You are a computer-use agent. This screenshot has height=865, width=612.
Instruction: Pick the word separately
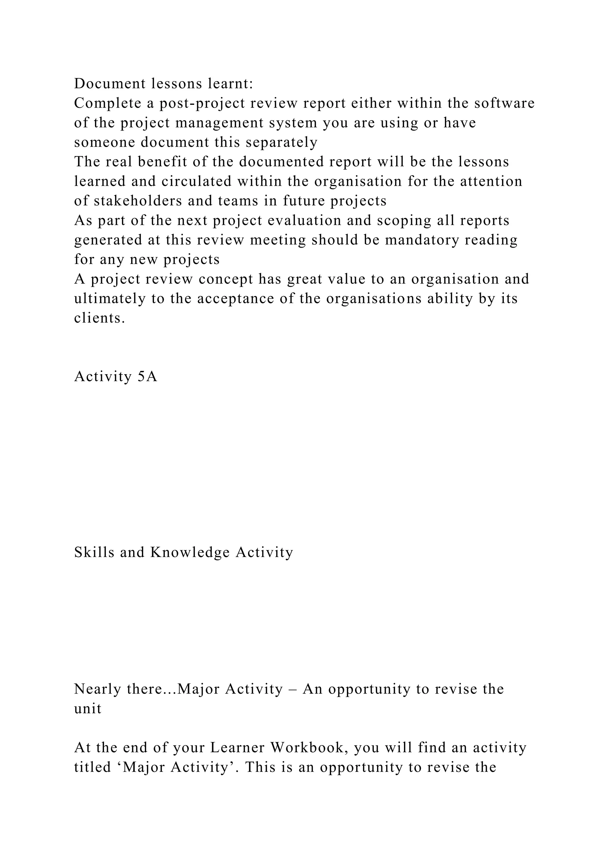(281, 142)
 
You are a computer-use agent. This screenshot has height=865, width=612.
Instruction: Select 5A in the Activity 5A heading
(147, 377)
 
